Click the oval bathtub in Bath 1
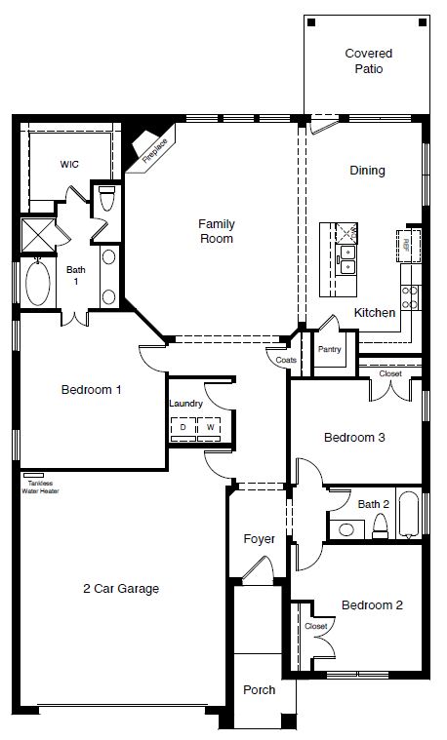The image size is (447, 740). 38,286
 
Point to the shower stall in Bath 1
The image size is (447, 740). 38,237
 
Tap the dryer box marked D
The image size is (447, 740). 183,427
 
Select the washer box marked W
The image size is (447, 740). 209,427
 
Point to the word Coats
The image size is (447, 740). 286,359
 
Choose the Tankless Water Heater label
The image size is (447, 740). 41,487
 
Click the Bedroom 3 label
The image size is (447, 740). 353,438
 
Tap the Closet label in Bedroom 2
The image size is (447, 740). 315,625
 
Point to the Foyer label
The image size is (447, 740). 259,538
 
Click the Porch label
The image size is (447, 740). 259,689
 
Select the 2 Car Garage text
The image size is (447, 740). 121,588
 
